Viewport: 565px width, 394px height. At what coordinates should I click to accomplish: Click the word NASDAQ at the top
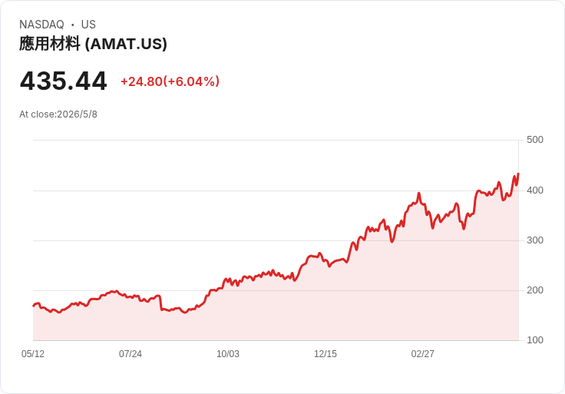[41, 25]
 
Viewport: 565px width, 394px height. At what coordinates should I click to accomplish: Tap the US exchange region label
[88, 25]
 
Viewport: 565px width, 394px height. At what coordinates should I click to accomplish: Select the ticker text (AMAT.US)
[126, 44]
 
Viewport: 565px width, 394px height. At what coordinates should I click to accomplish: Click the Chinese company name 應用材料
[50, 44]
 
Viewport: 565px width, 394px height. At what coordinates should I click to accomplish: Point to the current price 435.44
[64, 81]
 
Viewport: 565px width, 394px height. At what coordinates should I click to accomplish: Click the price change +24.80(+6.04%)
[170, 81]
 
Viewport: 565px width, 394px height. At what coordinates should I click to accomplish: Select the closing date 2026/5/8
[77, 114]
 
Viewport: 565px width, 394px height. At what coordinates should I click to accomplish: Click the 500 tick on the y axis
[535, 140]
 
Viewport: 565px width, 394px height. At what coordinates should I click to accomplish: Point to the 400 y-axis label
[535, 190]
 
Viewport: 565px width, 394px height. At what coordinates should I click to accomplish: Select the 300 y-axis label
[535, 240]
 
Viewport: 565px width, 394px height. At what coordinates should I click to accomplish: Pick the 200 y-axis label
[535, 290]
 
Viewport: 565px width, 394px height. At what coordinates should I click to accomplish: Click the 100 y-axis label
[535, 340]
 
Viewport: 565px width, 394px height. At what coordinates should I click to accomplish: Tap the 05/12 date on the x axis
[33, 354]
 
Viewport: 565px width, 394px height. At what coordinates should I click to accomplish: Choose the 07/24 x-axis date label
[131, 354]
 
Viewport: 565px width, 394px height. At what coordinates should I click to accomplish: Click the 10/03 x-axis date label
[228, 354]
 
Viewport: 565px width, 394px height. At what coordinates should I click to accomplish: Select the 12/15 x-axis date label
[325, 354]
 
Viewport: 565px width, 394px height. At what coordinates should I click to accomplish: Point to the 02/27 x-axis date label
[423, 354]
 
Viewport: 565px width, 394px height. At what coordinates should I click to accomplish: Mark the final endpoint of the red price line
[518, 174]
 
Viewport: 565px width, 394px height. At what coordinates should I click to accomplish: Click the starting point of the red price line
[34, 306]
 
